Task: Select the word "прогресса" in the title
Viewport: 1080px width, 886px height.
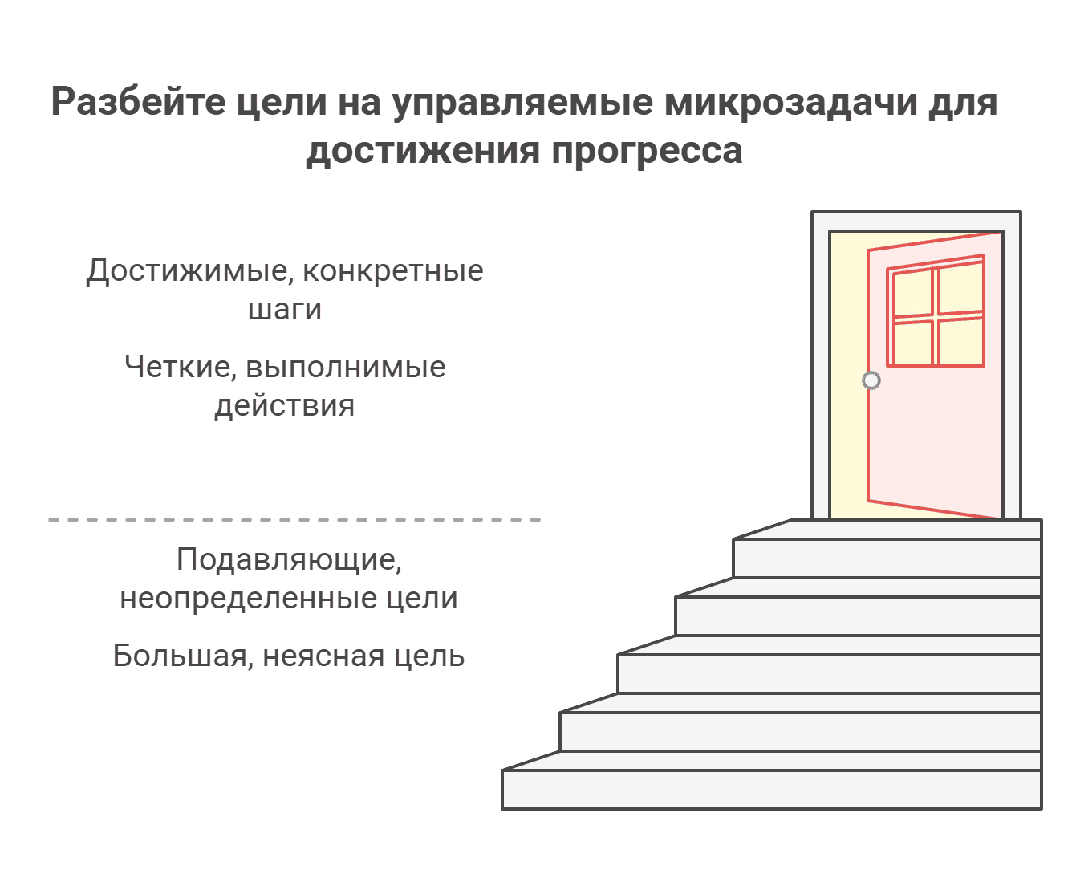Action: pos(647,151)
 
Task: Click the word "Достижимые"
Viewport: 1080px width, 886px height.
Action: pos(186,271)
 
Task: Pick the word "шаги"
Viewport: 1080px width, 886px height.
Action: pos(285,310)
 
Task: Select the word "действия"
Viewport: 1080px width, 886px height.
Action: pos(285,406)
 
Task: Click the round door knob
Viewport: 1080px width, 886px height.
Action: pos(871,380)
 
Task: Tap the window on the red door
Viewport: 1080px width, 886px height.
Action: pos(936,313)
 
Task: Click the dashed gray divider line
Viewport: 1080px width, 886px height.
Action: pos(294,520)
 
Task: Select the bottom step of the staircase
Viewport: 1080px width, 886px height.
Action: pos(771,789)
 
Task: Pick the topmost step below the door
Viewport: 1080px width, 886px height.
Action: pos(887,558)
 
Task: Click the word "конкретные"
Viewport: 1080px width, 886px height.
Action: pos(392,271)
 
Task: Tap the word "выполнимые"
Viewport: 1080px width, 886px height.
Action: pos(346,368)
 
